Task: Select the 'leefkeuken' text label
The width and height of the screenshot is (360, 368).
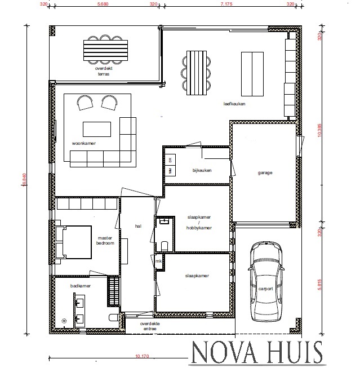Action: pos(234,104)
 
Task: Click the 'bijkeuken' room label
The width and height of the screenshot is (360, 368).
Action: pos(201,169)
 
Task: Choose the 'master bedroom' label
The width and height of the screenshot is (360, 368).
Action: pos(105,241)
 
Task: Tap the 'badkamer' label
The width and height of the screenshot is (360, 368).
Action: pos(81,286)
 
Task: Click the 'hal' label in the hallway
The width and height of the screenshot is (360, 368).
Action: pos(137,226)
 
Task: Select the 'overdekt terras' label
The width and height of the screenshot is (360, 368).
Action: pos(103,71)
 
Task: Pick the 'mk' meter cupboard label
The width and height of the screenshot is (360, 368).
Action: pos(159,261)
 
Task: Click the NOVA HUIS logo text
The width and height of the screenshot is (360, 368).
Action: pos(256,353)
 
